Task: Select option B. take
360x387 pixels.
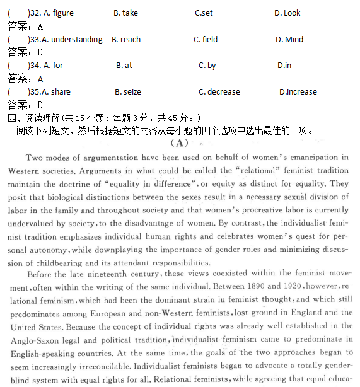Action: (x=125, y=13)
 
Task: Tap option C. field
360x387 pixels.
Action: (x=205, y=40)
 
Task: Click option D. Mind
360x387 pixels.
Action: (x=289, y=40)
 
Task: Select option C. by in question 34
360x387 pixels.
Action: (x=207, y=66)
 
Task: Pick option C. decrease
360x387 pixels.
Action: (x=219, y=92)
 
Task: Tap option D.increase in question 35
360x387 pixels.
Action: (x=298, y=92)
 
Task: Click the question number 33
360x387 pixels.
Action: (x=35, y=40)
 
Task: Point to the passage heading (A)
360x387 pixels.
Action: (x=180, y=143)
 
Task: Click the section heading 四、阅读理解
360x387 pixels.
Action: (x=38, y=118)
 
